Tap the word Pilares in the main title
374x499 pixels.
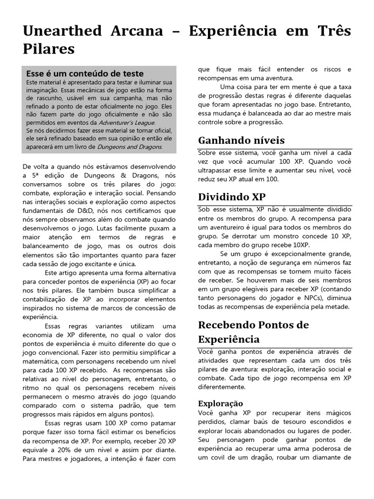point(49,49)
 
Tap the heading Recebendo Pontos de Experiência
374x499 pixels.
point(254,332)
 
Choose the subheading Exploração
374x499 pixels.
point(221,403)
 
